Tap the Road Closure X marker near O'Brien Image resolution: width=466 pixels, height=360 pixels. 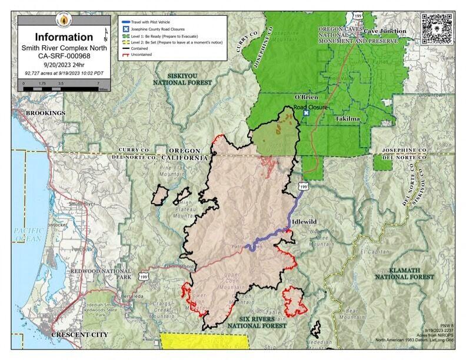pos(305,113)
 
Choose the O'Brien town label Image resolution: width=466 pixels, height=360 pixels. pos(306,97)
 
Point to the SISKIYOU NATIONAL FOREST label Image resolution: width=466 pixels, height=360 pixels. pos(182,79)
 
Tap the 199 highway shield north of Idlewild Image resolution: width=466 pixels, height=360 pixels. pos(302,186)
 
